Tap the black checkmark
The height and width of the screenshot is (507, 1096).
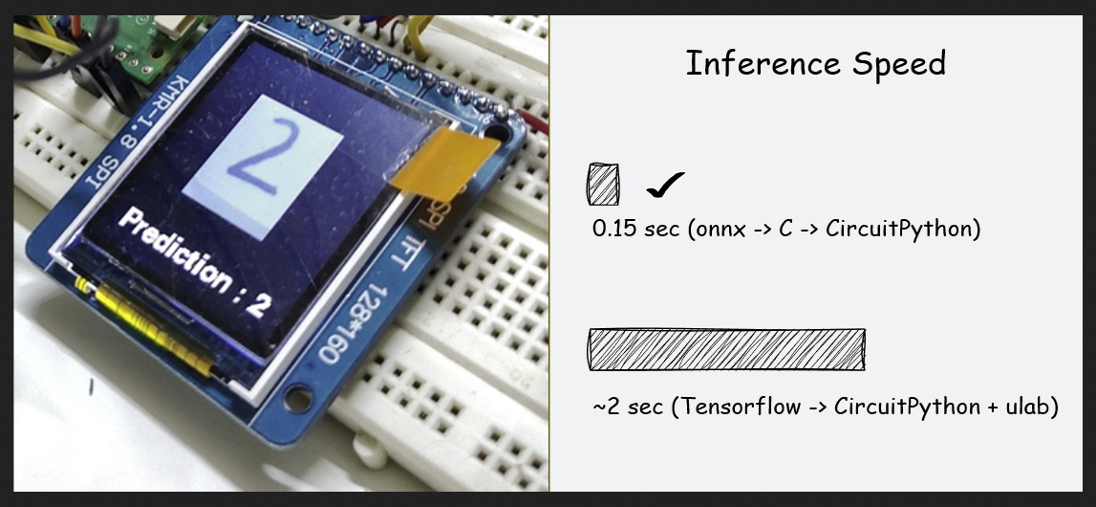665,186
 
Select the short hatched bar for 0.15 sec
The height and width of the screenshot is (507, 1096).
603,184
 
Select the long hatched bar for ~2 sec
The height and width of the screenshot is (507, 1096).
727,349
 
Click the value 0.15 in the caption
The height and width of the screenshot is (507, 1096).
614,229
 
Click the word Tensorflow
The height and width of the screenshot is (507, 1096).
741,407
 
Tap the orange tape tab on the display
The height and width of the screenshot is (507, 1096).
444,165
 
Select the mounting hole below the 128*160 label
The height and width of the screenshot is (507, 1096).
298,399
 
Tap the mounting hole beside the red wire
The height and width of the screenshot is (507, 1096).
497,130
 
